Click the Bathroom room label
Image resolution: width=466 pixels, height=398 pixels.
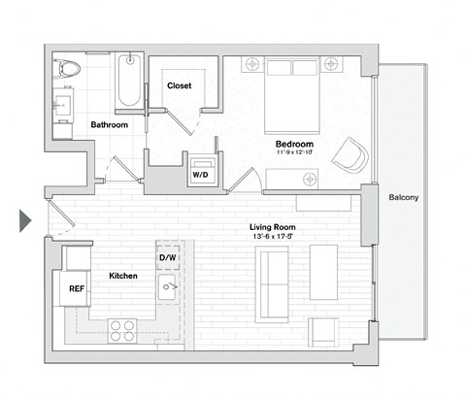(x=110, y=125)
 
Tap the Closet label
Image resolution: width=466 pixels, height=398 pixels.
(x=180, y=85)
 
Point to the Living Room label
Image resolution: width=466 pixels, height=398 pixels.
(x=271, y=226)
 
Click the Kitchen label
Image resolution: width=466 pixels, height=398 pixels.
(x=122, y=277)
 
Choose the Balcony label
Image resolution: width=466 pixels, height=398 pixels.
(x=403, y=198)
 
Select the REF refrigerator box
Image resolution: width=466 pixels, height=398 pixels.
(x=77, y=288)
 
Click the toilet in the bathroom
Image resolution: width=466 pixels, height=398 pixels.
(x=68, y=69)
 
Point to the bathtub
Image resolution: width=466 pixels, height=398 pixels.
(x=129, y=83)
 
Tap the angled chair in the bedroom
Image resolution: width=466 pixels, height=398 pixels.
(x=350, y=154)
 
